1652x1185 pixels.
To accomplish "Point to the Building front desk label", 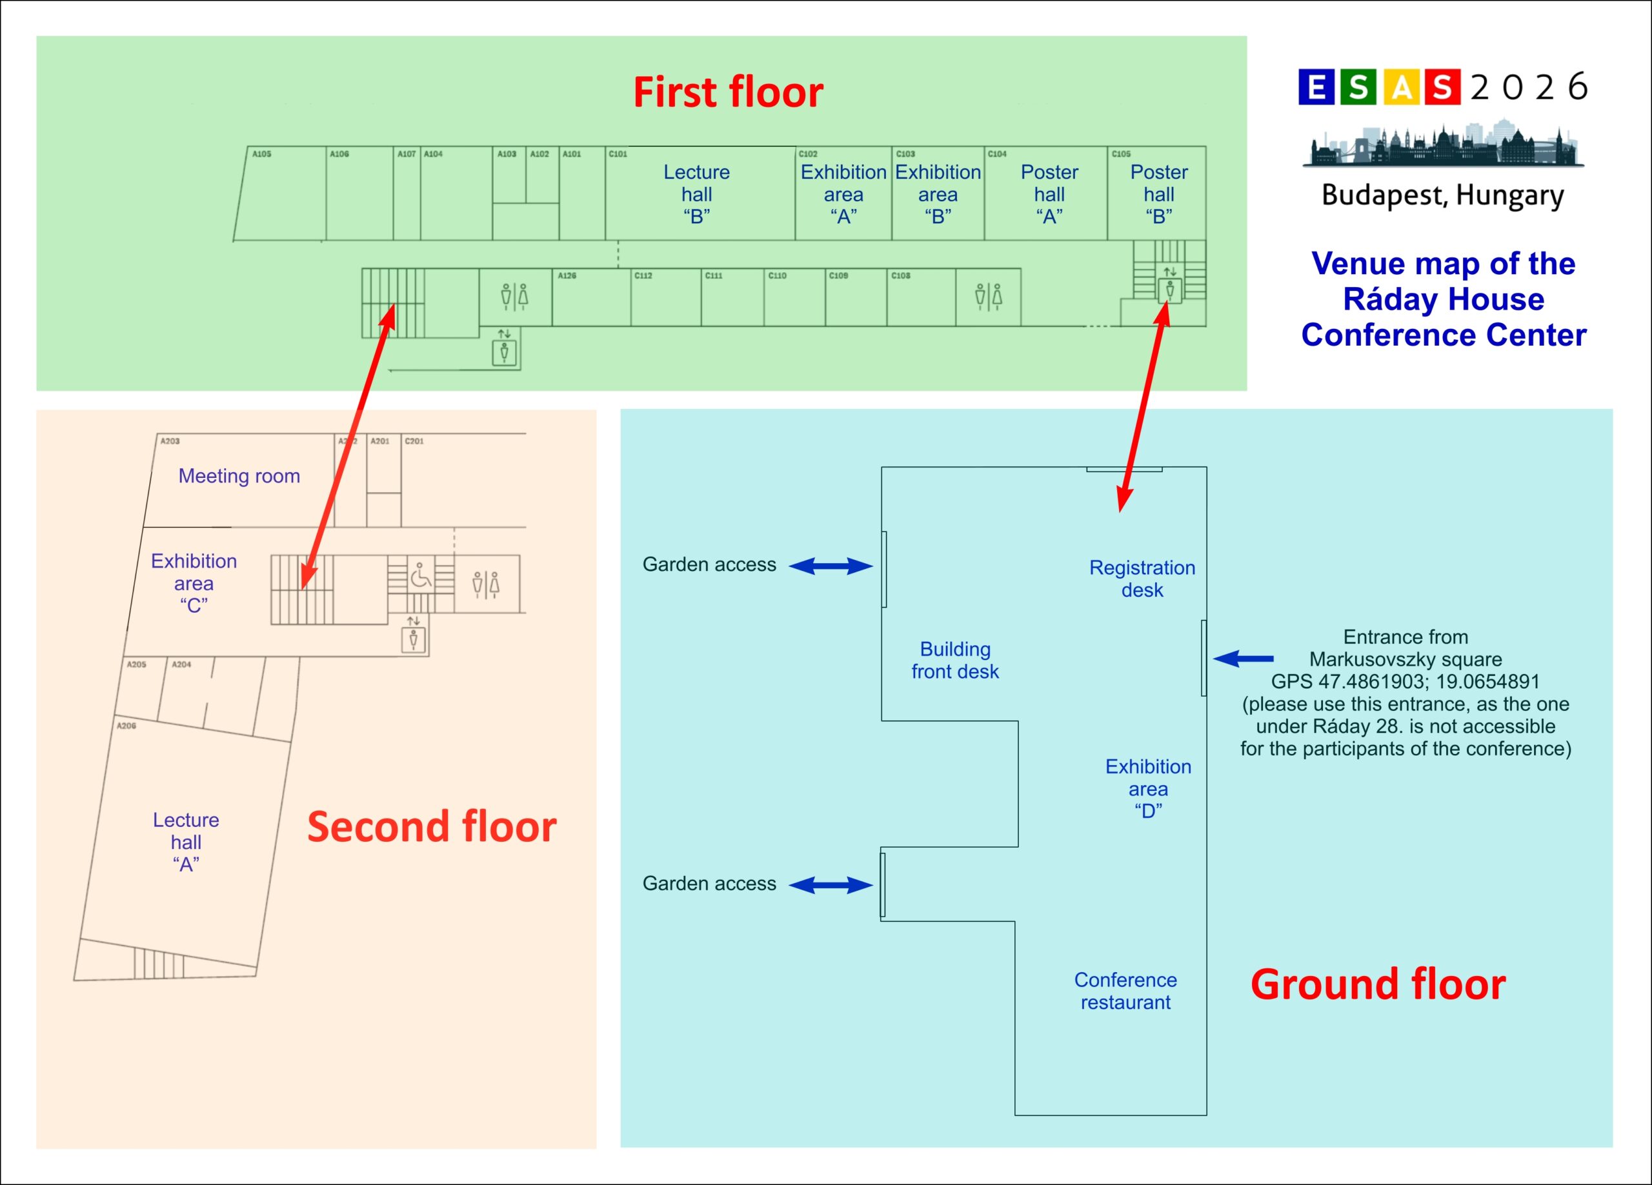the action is [x=955, y=660].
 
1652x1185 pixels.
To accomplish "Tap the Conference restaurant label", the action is [x=1125, y=991].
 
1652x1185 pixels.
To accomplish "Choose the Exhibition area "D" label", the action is [x=1148, y=788].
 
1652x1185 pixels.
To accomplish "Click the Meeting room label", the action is [x=239, y=475].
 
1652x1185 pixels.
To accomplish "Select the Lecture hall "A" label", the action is [x=186, y=842].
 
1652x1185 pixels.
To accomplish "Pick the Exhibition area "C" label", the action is [x=194, y=583].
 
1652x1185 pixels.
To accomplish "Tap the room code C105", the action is [x=1121, y=154].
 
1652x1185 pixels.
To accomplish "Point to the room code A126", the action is [x=567, y=275].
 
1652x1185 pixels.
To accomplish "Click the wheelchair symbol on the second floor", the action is [x=420, y=575].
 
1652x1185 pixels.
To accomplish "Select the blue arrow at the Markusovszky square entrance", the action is [x=1244, y=659].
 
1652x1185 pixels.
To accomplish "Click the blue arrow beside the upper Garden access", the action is [x=831, y=566].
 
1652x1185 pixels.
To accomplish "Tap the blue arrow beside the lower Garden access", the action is [x=831, y=885].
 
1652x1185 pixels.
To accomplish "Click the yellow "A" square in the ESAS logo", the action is [x=1402, y=87].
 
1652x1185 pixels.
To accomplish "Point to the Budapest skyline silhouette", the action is [x=1443, y=144].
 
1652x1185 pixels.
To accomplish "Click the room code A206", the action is [x=126, y=726].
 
